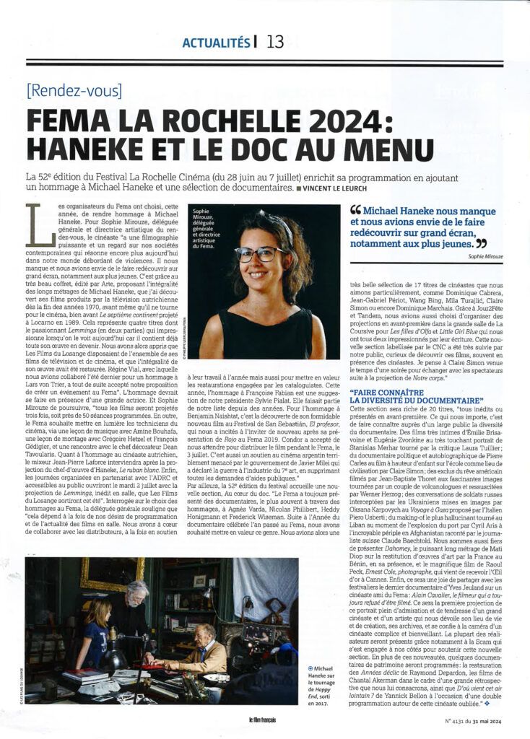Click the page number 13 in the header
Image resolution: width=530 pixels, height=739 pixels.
[275, 41]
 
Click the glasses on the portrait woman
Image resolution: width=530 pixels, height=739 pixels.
[259, 254]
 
